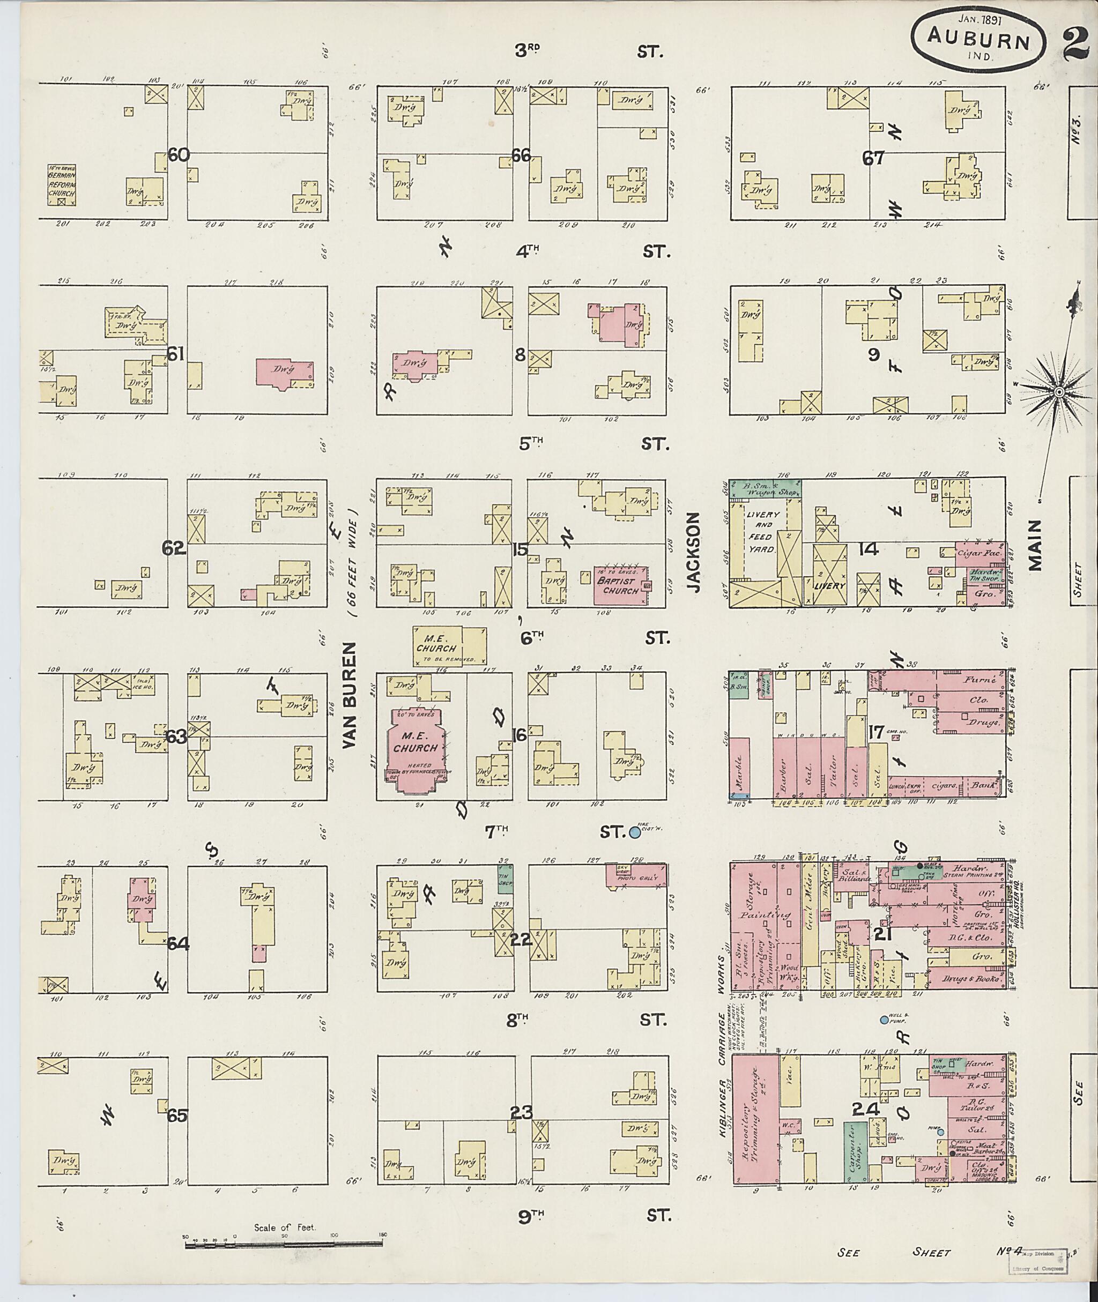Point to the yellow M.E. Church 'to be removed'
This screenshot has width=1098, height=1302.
point(449,646)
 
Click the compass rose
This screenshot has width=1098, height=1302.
point(1058,391)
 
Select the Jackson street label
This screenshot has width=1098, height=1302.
point(695,552)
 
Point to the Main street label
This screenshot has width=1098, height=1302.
point(1035,546)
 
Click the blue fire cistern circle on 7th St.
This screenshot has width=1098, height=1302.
point(635,831)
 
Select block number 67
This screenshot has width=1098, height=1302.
point(873,158)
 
